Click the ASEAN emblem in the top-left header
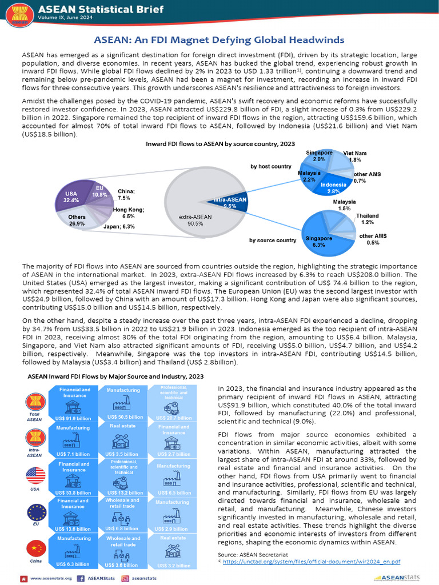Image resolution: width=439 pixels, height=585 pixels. (19, 14)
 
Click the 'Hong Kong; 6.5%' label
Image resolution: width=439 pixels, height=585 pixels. (128, 213)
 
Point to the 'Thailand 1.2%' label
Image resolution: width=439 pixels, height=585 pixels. (367, 219)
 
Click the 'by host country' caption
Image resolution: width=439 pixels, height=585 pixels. (271, 166)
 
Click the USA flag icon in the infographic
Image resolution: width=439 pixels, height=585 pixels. (35, 475)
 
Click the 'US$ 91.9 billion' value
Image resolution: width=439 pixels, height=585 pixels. (73, 418)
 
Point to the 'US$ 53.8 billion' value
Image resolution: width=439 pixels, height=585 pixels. (73, 492)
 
